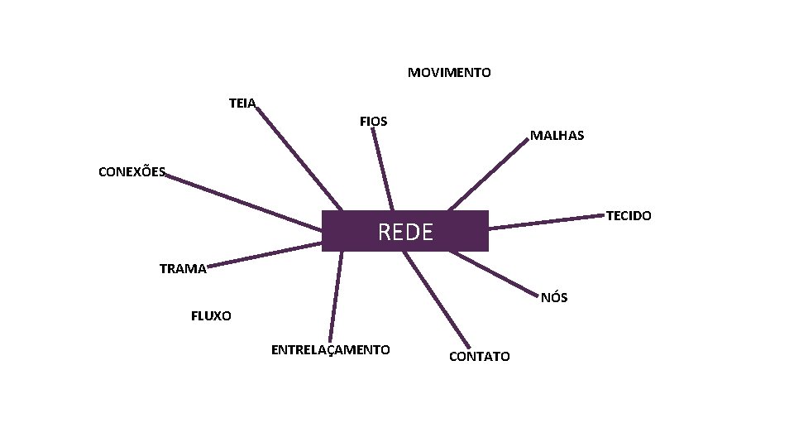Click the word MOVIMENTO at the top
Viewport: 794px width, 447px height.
click(x=449, y=73)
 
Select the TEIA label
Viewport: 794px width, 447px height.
click(x=242, y=103)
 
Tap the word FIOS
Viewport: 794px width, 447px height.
click(x=374, y=122)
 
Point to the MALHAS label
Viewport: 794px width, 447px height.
click(x=557, y=135)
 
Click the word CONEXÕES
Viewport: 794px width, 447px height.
click(x=132, y=172)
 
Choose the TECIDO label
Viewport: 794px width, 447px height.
click(x=629, y=216)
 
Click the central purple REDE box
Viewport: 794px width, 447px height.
click(x=405, y=231)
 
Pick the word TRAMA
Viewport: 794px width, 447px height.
click(x=183, y=268)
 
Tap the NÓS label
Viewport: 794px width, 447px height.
click(x=554, y=298)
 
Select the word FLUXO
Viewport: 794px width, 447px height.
click(x=211, y=316)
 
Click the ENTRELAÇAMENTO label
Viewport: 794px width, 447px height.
click(x=331, y=349)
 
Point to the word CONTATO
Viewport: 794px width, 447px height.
click(x=480, y=356)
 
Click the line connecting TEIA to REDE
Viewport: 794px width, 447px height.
click(x=299, y=158)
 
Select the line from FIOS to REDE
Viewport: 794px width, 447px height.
click(x=383, y=169)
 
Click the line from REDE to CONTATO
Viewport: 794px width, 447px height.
click(x=437, y=299)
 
